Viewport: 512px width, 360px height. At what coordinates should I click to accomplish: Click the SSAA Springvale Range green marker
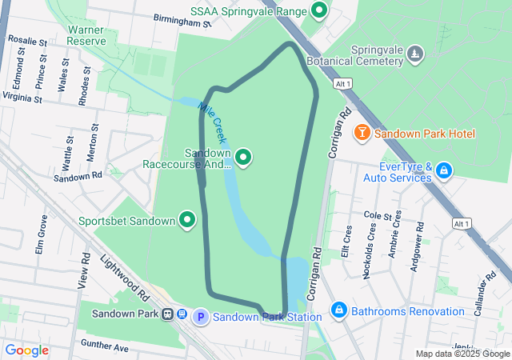pyautogui.click(x=320, y=11)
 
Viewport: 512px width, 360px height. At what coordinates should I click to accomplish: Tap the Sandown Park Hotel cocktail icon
pyautogui.click(x=362, y=132)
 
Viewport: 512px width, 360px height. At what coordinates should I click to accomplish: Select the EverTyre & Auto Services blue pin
pyautogui.click(x=444, y=170)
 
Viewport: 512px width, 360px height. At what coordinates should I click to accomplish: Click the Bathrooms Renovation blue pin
pyautogui.click(x=338, y=310)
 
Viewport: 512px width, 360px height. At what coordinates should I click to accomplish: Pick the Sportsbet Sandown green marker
pyautogui.click(x=188, y=219)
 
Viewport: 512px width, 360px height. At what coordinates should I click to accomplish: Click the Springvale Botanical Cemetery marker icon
pyautogui.click(x=414, y=54)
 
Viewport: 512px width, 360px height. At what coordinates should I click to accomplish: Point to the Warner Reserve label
pyautogui.click(x=86, y=34)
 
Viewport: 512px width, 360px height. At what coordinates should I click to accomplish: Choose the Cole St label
pyautogui.click(x=382, y=216)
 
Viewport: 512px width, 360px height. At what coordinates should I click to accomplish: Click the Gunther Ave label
pyautogui.click(x=104, y=348)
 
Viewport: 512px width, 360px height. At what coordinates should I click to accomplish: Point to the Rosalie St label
pyautogui.click(x=26, y=40)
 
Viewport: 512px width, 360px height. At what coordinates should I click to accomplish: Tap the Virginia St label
pyautogui.click(x=22, y=97)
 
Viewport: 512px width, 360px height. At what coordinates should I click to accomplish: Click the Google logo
pyautogui.click(x=27, y=350)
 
